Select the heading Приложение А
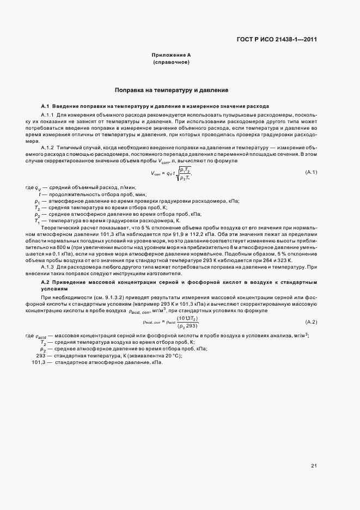coord(171,56)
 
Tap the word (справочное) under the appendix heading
coord(171,63)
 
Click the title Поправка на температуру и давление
coord(171,90)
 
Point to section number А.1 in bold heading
coord(46,105)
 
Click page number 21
coord(314,465)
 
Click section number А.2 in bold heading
coord(46,283)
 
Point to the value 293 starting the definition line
coord(40,355)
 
